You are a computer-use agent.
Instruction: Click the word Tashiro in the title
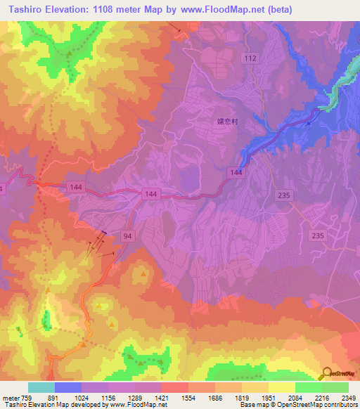[23, 9]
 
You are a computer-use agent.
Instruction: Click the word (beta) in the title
[278, 9]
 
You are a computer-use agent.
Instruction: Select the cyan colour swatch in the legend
[41, 387]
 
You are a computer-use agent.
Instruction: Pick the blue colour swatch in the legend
[68, 387]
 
